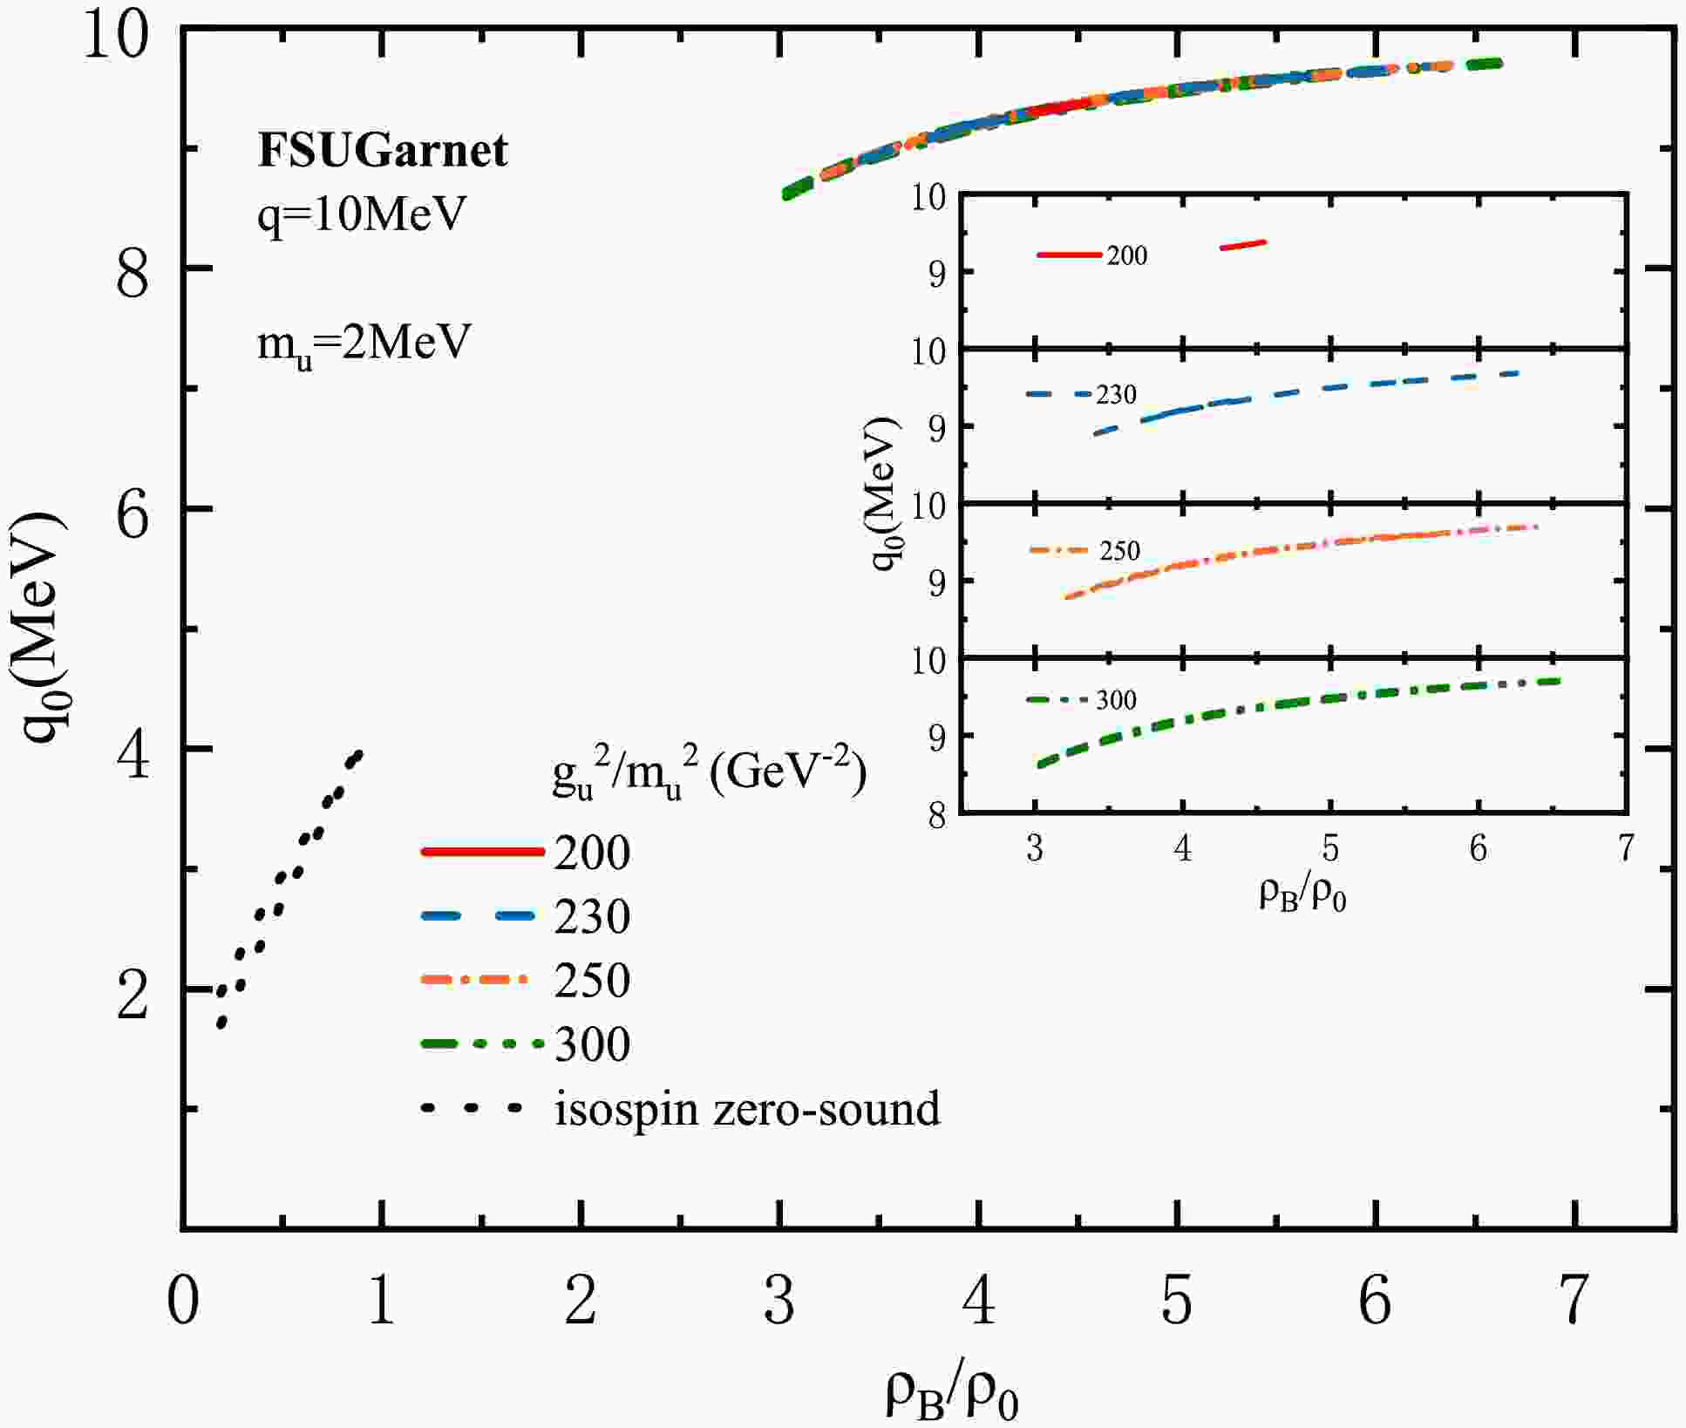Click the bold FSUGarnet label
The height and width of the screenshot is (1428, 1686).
(382, 150)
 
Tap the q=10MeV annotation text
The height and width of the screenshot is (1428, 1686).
(362, 214)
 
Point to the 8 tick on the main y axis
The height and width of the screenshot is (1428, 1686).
(133, 270)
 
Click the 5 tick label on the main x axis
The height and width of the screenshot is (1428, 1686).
(1177, 1302)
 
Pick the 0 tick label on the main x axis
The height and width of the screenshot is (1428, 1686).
(183, 1302)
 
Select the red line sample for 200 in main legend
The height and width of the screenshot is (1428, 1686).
(481, 852)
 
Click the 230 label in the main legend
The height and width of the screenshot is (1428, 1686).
(592, 917)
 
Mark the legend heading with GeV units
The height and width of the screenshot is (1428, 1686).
(709, 774)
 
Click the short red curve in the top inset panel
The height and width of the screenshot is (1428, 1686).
(1243, 245)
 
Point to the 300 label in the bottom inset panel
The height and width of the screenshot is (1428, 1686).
(1116, 701)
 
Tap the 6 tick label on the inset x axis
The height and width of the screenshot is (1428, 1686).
(1478, 848)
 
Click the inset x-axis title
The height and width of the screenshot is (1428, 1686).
(1302, 895)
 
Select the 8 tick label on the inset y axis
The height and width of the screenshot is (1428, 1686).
(937, 816)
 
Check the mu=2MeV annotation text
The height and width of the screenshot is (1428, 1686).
(364, 343)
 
